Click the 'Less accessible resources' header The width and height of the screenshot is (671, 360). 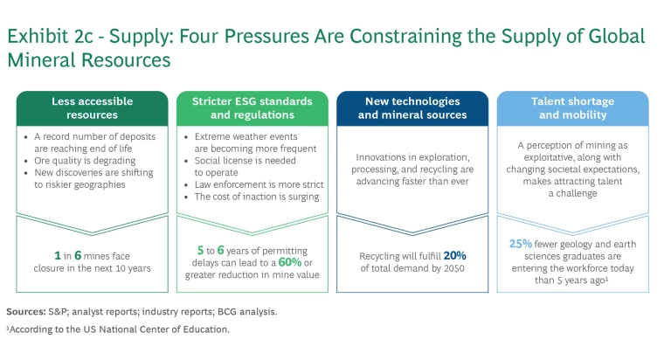92,107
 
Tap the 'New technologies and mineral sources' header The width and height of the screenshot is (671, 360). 412,107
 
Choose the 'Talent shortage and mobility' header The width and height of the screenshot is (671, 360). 572,107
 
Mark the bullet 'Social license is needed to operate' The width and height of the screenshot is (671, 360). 245,167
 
